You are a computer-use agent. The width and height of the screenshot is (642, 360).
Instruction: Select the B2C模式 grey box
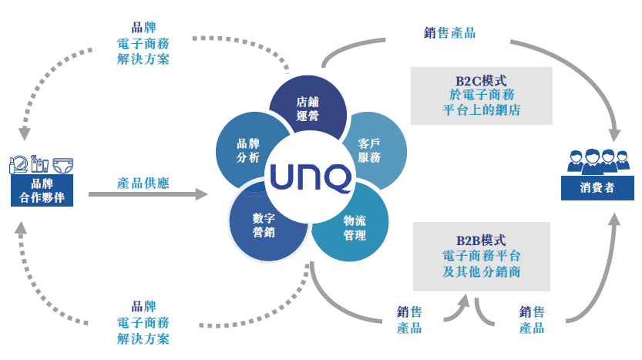pos(481,96)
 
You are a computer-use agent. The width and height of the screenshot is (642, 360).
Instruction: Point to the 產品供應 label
pos(143,183)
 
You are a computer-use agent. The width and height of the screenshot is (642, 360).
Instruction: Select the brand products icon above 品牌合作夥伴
pos(42,164)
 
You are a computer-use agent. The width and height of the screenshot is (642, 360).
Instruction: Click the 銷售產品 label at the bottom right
pos(532,320)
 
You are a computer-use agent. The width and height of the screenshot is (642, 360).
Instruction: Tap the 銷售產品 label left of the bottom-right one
pos(409,320)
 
